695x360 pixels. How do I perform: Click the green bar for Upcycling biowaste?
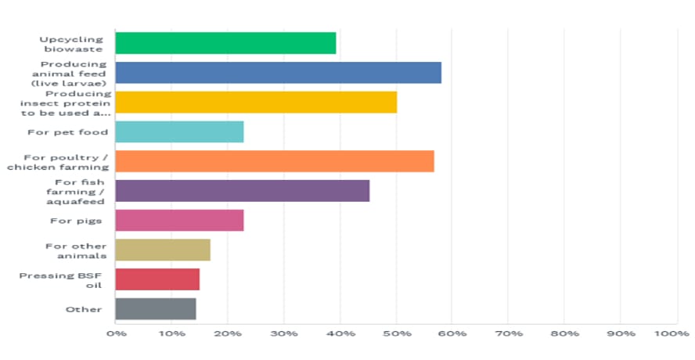225,43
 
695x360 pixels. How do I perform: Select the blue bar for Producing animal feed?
278,73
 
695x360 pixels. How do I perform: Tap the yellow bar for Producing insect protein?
256,103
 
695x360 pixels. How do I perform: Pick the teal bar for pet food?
179,131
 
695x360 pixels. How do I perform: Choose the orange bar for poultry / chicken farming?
275,161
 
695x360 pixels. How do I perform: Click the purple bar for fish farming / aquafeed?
242,191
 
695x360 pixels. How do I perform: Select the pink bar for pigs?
179,221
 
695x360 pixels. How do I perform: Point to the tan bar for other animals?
163,250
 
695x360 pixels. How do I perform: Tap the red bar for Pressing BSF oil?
157,279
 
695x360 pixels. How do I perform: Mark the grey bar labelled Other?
156,309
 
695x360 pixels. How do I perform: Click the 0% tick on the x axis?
116,334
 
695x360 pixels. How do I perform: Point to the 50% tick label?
396,334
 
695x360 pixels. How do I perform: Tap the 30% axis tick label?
284,334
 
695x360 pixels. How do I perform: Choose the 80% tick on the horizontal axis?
564,334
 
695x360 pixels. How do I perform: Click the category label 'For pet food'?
78,131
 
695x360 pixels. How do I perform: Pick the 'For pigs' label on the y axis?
86,221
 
